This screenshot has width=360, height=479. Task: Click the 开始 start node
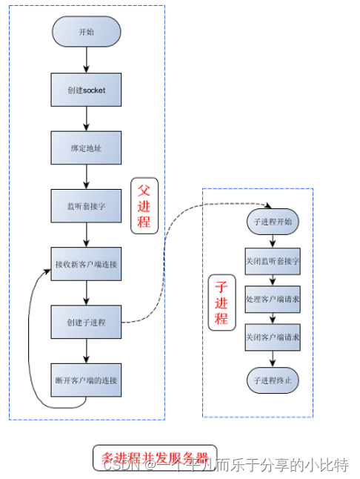[x=86, y=32]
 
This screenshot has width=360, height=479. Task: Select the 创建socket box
[x=86, y=90]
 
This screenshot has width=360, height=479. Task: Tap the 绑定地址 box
[x=86, y=148]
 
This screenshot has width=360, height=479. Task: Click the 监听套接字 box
[x=86, y=206]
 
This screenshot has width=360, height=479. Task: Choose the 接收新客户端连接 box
[x=86, y=264]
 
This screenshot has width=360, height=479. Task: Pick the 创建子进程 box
[x=86, y=322]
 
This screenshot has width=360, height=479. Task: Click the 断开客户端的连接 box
[x=86, y=380]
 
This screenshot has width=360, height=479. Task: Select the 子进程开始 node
[x=273, y=222]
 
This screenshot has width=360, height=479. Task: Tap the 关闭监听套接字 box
[x=273, y=261]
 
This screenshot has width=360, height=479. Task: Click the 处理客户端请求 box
[x=273, y=300]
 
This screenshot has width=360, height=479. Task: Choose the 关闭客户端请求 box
[x=273, y=337]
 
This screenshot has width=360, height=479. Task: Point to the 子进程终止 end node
[x=273, y=379]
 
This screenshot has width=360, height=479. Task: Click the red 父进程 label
[x=144, y=206]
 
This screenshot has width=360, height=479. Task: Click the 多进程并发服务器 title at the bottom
[x=154, y=455]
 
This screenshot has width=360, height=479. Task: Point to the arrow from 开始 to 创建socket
[x=86, y=60]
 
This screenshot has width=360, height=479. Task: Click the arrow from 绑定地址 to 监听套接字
[x=86, y=176]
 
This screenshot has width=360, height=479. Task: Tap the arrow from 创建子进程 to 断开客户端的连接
[x=86, y=351]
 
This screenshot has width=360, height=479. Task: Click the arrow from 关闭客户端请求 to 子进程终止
[x=273, y=359]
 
